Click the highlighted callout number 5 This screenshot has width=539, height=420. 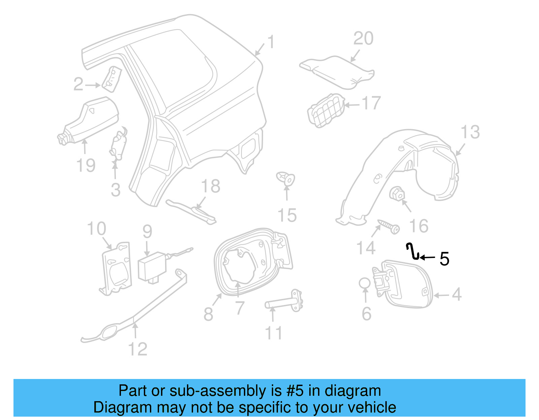[444, 259]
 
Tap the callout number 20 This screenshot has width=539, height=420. [363, 38]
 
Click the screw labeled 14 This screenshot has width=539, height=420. [389, 226]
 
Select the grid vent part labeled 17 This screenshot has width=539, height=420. [325, 111]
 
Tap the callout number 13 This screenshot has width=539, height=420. [470, 132]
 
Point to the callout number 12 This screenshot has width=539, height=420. [138, 349]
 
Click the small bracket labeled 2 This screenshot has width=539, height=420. [112, 79]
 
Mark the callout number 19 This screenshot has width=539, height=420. [86, 165]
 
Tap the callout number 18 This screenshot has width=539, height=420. [211, 186]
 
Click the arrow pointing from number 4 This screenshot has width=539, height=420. [442, 296]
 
